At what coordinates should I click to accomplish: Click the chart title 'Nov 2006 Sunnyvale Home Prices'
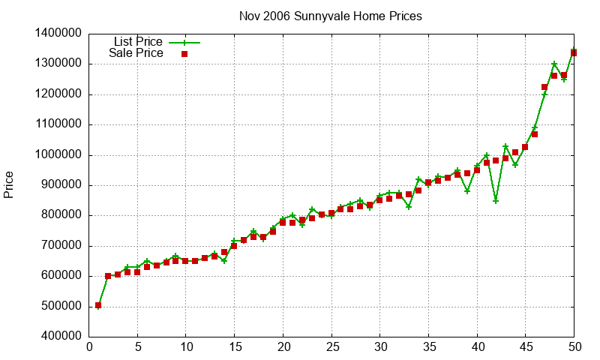pyautogui.click(x=330, y=15)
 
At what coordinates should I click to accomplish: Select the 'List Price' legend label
pyautogui.click(x=138, y=41)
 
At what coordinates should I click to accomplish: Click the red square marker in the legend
pyautogui.click(x=184, y=54)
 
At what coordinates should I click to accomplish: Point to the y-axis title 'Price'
pyautogui.click(x=9, y=184)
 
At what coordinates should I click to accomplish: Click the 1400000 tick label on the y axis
pyautogui.click(x=58, y=34)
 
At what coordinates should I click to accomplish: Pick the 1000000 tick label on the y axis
pyautogui.click(x=58, y=155)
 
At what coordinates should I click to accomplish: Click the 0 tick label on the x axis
pyautogui.click(x=89, y=346)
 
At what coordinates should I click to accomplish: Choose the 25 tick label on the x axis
pyautogui.click(x=332, y=346)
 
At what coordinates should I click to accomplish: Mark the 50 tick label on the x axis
pyautogui.click(x=574, y=346)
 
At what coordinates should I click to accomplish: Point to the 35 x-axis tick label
pyautogui.click(x=429, y=346)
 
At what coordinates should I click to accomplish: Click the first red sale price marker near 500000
pyautogui.click(x=98, y=305)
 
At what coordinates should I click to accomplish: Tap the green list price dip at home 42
pyautogui.click(x=496, y=201)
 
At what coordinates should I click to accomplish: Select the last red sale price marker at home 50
pyautogui.click(x=574, y=53)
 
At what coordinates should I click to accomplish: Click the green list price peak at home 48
pyautogui.click(x=554, y=64)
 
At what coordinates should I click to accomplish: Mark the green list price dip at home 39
pyautogui.click(x=467, y=191)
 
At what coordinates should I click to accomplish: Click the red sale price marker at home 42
pyautogui.click(x=496, y=160)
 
